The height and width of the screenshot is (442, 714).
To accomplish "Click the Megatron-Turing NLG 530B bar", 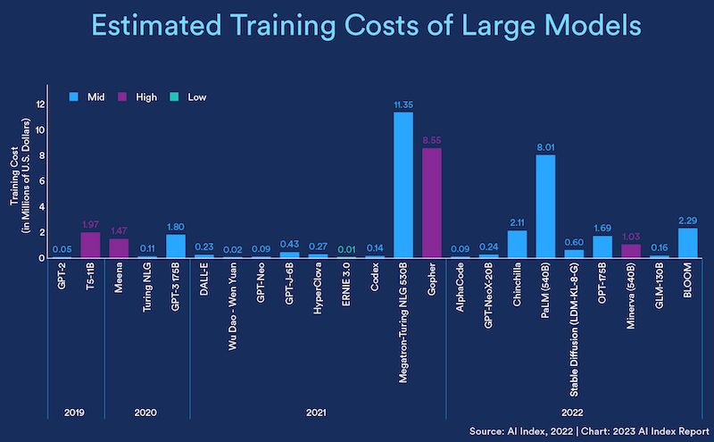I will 403,185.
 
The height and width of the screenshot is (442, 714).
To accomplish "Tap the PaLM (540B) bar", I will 546,206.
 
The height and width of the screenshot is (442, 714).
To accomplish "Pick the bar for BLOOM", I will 688,243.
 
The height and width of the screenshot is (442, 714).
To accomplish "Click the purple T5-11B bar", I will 90,245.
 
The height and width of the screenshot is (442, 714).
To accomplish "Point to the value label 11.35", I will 403,104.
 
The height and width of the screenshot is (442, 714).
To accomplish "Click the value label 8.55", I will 432,140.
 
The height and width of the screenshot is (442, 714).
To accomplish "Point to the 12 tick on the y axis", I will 39,104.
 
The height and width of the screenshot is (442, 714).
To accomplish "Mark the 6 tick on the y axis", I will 40,181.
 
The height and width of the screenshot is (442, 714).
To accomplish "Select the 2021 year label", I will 317,413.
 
